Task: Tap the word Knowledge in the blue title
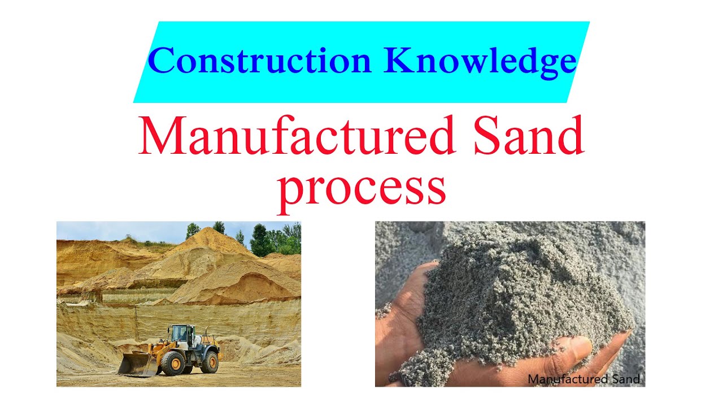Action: pyautogui.click(x=480, y=62)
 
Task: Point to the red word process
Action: pyautogui.click(x=362, y=189)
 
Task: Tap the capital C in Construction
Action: pyautogui.click(x=160, y=60)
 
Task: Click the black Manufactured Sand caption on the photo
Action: pyautogui.click(x=583, y=379)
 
